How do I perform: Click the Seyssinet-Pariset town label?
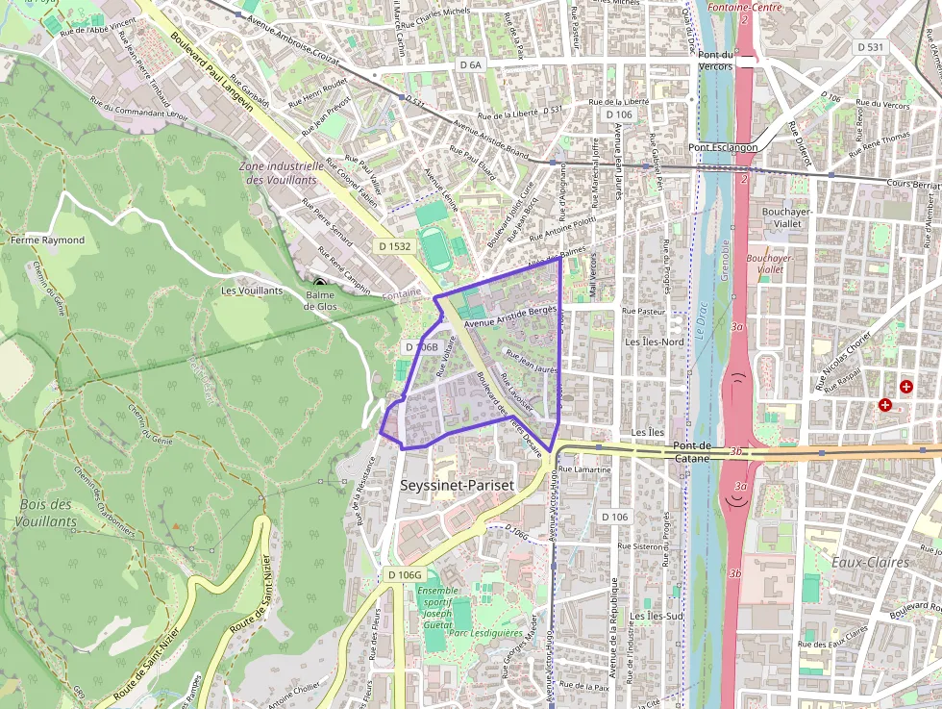coord(457,486)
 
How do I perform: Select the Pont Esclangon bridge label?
coord(723,148)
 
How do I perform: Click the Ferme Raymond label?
coord(48,240)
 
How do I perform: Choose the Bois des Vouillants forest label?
coord(46,513)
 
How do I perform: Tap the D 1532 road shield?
coord(394,246)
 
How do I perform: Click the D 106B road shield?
coord(421,346)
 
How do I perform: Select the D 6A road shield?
coord(469,64)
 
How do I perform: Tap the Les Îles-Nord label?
coord(655,342)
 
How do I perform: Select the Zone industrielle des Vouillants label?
coord(280,172)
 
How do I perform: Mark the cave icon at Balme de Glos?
coord(319,284)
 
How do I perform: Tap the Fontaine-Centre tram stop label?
coord(744,7)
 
